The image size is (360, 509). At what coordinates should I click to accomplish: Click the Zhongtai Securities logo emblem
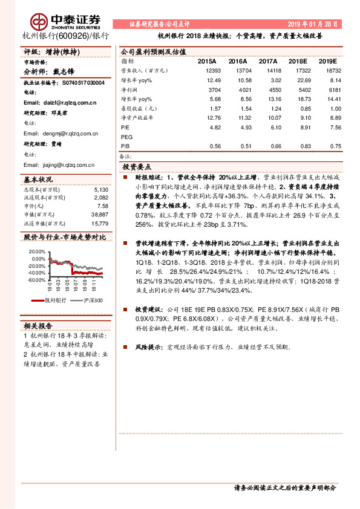[x=41, y=22]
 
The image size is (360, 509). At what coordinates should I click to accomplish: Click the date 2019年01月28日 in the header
[x=310, y=24]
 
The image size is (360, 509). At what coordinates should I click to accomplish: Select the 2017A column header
[x=267, y=62]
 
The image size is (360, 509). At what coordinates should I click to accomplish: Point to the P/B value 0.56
[x=214, y=146]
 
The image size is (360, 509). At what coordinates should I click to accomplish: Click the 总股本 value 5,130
[x=100, y=189]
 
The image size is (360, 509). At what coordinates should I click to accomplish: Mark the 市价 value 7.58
[x=103, y=206]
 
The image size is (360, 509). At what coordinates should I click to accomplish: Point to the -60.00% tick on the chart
[x=36, y=280]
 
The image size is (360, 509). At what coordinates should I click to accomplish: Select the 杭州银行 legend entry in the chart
[x=53, y=300]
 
